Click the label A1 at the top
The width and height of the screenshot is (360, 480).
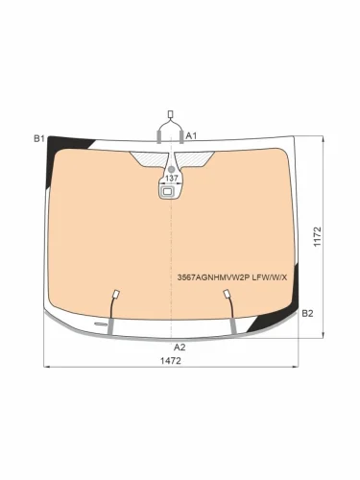point(191,135)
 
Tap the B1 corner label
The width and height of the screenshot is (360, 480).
point(39,138)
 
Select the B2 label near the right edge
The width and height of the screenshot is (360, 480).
point(307,313)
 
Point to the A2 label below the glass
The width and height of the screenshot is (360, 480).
point(180,347)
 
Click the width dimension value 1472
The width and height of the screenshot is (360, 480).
point(171,361)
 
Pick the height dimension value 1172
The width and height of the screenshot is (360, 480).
point(317,237)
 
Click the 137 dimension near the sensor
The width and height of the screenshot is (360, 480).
point(172,179)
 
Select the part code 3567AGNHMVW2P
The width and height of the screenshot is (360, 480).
point(213,277)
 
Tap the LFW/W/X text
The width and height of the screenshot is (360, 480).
point(270,277)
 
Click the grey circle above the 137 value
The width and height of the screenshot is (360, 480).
point(172,169)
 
